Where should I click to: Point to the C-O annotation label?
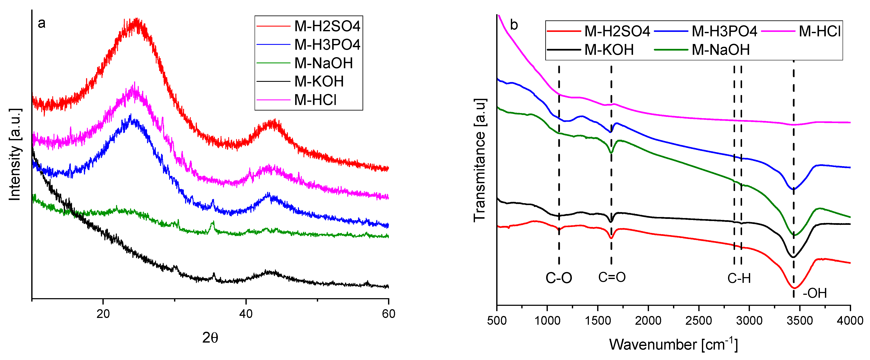(x=559, y=278)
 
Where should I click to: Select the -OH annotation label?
(x=815, y=293)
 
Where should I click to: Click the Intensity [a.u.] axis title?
(x=15, y=155)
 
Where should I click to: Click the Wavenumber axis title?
(x=673, y=344)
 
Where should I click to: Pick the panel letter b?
(x=514, y=25)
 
